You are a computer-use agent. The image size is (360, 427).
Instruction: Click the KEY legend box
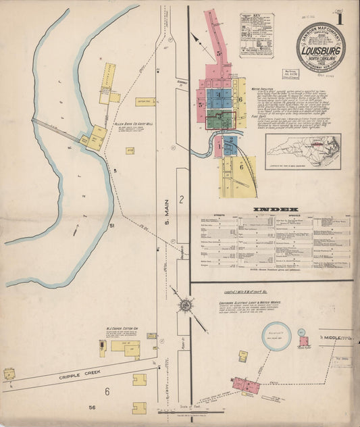[256, 34]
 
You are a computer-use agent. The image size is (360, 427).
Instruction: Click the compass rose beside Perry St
[184, 305]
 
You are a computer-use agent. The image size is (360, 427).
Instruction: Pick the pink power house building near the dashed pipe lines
[246, 384]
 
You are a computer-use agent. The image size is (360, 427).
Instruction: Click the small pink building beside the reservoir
[303, 341]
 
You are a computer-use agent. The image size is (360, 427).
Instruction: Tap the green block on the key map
[215, 120]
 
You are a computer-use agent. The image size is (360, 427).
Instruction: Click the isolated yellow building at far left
[9, 374]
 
